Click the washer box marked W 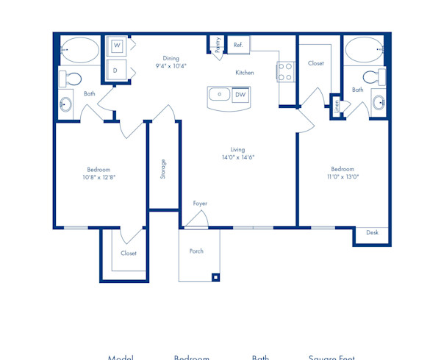pyautogui.click(x=117, y=46)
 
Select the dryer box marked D pyautogui.click(x=116, y=71)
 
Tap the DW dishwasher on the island pyautogui.click(x=240, y=95)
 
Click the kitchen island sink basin pyautogui.click(x=219, y=95)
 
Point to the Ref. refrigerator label pyautogui.click(x=238, y=45)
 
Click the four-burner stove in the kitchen pyautogui.click(x=285, y=71)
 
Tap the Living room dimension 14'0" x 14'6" pyautogui.click(x=238, y=156)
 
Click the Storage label pyautogui.click(x=163, y=168)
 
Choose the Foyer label pyautogui.click(x=200, y=204)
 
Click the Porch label pyautogui.click(x=196, y=251)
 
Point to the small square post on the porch pyautogui.click(x=215, y=277)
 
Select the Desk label pyautogui.click(x=372, y=233)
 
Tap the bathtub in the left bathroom pyautogui.click(x=79, y=51)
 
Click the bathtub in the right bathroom pyautogui.click(x=362, y=51)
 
